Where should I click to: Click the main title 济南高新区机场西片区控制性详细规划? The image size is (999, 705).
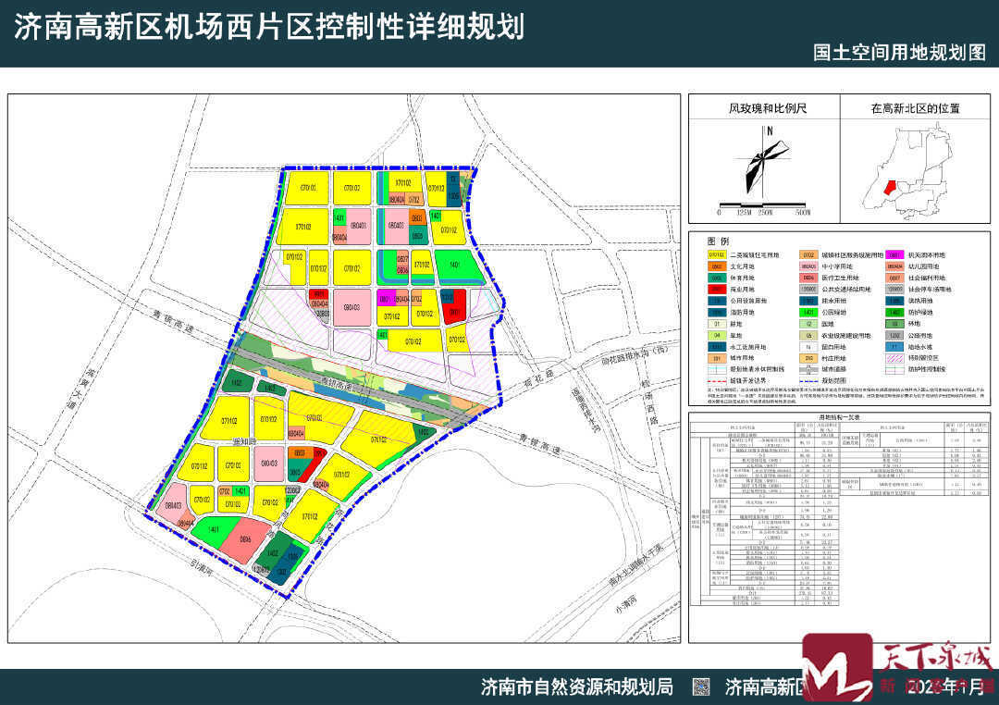(x=268, y=26)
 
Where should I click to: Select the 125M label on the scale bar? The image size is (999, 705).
(x=742, y=212)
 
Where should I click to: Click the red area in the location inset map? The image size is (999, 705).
(x=890, y=187)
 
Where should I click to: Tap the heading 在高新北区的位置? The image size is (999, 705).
(x=915, y=108)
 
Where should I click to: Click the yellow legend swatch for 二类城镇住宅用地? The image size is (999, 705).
(x=716, y=254)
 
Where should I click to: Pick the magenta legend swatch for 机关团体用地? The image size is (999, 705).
(x=894, y=254)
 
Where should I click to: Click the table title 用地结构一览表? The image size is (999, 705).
(x=839, y=417)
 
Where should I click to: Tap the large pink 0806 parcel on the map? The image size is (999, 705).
(x=246, y=539)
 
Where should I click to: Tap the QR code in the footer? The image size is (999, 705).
(x=701, y=686)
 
